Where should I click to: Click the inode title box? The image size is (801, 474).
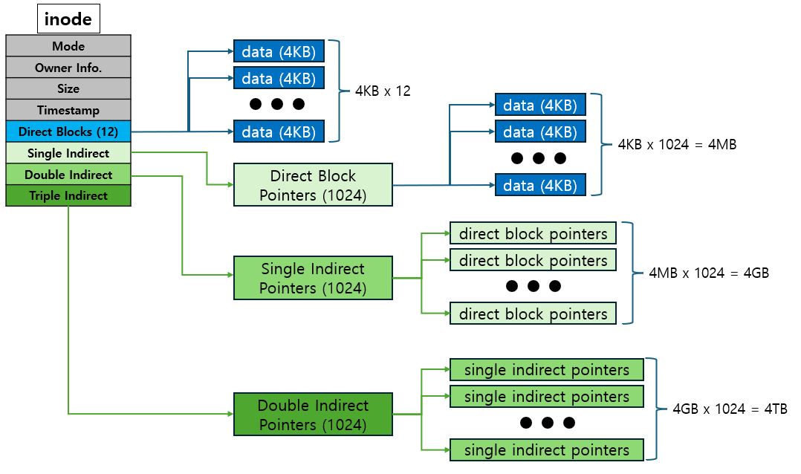click(68, 19)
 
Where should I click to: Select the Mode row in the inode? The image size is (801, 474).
click(68, 46)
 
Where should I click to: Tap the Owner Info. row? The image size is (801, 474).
click(68, 68)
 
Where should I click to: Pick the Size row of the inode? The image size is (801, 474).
click(68, 88)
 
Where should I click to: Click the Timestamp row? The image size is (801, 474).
click(68, 110)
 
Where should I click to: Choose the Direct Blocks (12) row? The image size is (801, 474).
click(68, 132)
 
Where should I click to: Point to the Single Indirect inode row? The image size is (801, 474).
click(68, 153)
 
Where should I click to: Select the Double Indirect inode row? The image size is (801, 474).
click(68, 175)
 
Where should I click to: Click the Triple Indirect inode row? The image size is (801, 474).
click(68, 195)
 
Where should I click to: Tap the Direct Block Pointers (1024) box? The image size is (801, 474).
click(313, 185)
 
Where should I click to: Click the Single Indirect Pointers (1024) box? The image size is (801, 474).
click(313, 278)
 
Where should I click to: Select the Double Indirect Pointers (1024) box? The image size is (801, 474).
click(313, 415)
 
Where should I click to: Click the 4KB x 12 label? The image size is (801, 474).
click(383, 91)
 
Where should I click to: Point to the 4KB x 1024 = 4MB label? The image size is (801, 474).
click(677, 145)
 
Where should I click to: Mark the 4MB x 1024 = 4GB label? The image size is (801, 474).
click(708, 273)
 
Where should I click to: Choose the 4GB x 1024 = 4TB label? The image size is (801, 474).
click(730, 409)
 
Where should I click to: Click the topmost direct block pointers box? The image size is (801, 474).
click(533, 233)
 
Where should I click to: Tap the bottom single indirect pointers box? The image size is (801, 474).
click(546, 449)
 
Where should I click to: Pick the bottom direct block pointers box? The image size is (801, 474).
click(533, 314)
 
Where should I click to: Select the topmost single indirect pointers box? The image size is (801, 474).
click(546, 369)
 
